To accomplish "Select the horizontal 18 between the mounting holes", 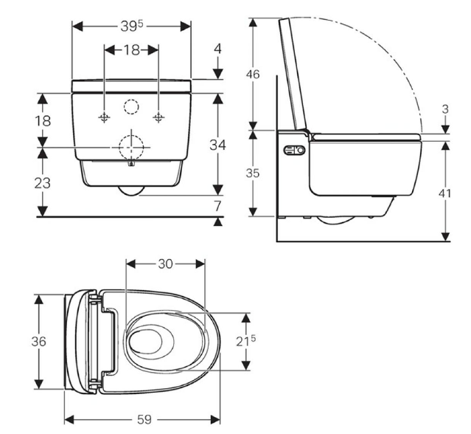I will coord(131,50).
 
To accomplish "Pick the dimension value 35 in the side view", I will coord(253,173).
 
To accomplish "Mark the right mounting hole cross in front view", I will coord(158,117).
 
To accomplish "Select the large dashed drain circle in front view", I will coord(131,148).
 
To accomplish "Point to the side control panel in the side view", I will coord(294,150).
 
